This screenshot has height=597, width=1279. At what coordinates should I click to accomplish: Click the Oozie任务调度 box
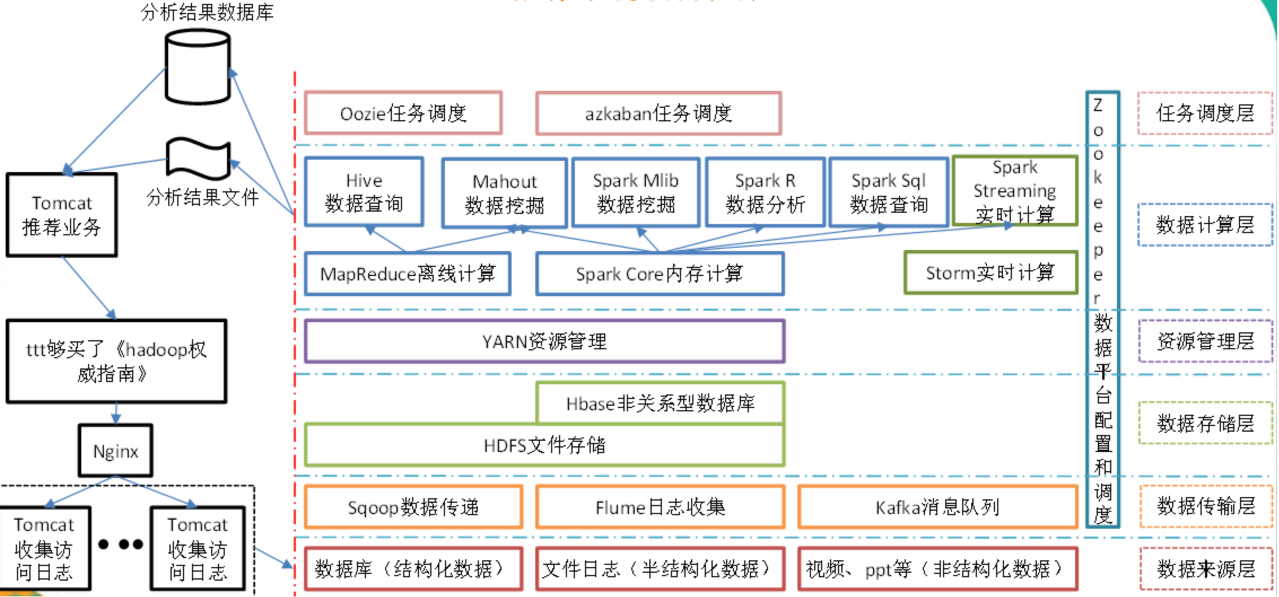[403, 113]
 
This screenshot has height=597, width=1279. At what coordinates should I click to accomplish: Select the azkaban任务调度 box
[658, 113]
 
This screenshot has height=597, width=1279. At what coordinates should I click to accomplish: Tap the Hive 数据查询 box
[364, 192]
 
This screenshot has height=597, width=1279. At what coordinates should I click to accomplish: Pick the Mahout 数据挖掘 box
[504, 193]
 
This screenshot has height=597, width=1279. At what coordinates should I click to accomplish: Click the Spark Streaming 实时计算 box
[1015, 191]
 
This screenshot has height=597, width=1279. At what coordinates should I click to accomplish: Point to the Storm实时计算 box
[990, 273]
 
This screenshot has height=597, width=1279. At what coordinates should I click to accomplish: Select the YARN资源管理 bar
[544, 341]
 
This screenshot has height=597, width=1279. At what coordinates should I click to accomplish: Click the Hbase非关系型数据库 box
[660, 403]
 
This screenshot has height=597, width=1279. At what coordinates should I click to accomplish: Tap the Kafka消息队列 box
[937, 507]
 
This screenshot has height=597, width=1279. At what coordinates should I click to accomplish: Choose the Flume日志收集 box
[660, 507]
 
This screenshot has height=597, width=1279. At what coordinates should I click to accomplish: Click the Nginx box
[116, 451]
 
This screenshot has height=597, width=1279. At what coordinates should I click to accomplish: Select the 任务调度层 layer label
[1205, 113]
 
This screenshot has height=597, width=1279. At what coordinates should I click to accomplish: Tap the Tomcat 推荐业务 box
[62, 215]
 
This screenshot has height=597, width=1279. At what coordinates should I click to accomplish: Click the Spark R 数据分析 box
[765, 192]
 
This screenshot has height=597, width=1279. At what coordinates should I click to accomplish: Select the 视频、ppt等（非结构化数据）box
[937, 569]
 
